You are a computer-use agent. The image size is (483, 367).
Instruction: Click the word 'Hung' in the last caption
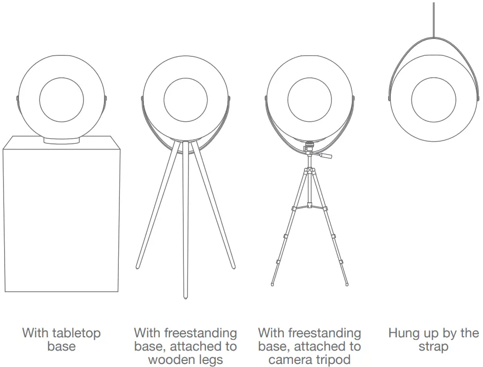coord(405,333)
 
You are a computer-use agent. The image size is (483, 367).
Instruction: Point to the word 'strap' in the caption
coord(433,347)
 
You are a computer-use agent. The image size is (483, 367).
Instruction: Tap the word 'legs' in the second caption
coord(211,360)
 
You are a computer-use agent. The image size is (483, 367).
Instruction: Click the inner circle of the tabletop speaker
coord(61,98)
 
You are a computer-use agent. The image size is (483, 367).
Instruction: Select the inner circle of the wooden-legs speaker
coord(185,98)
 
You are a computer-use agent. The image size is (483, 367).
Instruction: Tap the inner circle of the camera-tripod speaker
coord(309,98)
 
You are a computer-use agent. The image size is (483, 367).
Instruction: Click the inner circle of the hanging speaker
coord(433,98)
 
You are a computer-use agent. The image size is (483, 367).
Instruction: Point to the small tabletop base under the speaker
coord(61,140)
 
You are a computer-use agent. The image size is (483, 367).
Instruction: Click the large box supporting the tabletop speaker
coord(61,220)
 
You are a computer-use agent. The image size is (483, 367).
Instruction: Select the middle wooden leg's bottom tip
coord(185,296)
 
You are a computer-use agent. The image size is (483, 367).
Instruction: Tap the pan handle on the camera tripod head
coord(325,154)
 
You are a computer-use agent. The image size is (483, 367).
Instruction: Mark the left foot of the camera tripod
coord(272,283)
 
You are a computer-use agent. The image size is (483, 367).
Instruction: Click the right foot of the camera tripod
coord(347,283)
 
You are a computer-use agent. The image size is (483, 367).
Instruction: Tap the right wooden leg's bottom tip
coord(234,266)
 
